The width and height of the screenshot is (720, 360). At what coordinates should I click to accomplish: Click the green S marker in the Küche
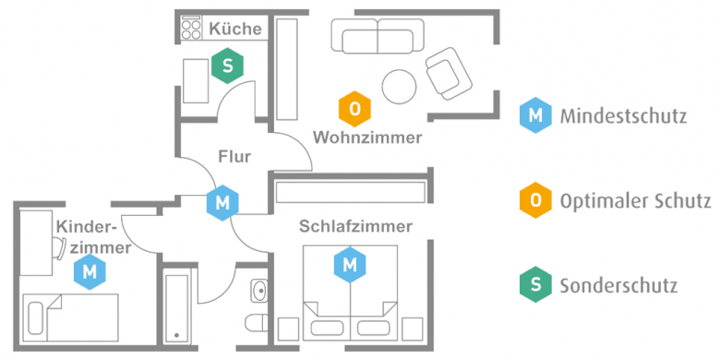click(227, 66)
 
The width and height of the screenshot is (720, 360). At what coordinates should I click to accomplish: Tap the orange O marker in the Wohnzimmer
click(354, 109)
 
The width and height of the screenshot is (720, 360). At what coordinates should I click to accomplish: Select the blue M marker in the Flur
click(222, 202)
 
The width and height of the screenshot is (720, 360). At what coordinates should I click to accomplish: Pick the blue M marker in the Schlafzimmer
click(349, 265)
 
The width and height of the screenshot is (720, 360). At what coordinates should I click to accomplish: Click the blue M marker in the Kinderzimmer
click(90, 271)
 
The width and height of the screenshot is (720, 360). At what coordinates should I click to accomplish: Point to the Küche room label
click(235, 30)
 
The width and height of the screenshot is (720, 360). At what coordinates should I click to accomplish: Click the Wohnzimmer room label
click(367, 138)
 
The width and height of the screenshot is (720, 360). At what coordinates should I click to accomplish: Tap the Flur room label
click(234, 156)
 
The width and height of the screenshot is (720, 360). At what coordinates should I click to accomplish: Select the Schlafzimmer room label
click(355, 225)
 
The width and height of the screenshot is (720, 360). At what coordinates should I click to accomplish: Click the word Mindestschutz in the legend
click(622, 116)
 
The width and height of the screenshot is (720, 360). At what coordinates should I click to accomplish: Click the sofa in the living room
click(376, 39)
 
